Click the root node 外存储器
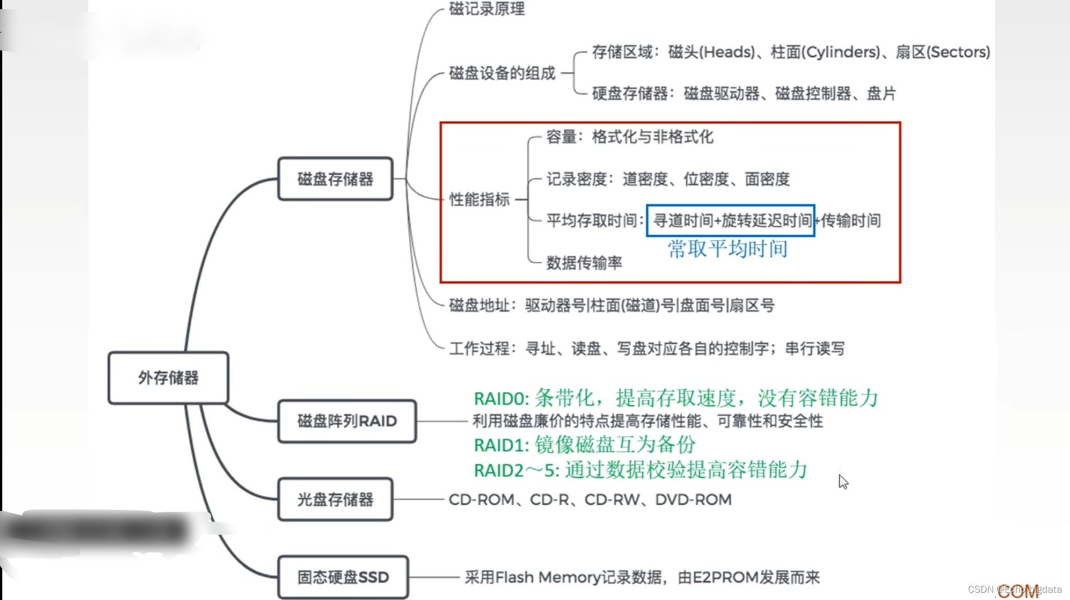168,378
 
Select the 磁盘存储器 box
335,179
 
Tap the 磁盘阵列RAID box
347,421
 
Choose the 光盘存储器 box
335,500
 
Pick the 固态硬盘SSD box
343,578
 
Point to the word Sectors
959,52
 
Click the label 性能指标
480,199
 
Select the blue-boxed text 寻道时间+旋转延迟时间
731,221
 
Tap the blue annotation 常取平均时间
727,249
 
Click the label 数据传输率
584,263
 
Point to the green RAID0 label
501,399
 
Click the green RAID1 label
501,445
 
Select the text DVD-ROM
694,500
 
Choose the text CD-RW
612,500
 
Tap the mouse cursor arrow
843,481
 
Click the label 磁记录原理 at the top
487,9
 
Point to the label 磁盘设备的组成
502,73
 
